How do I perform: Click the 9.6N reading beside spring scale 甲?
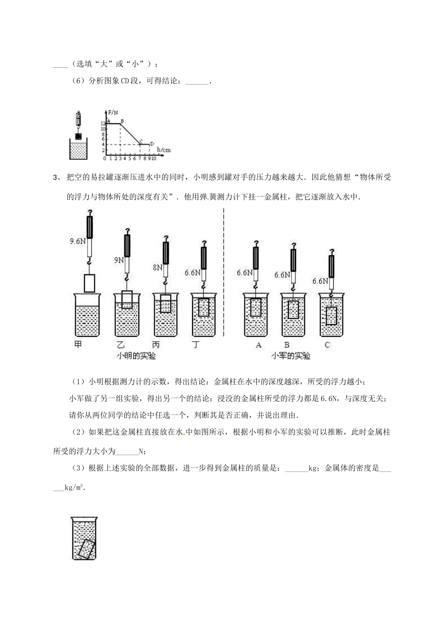click(78, 241)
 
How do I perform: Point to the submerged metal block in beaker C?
click(331, 316)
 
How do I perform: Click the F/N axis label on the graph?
click(112, 113)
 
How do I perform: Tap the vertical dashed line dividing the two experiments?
click(224, 271)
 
